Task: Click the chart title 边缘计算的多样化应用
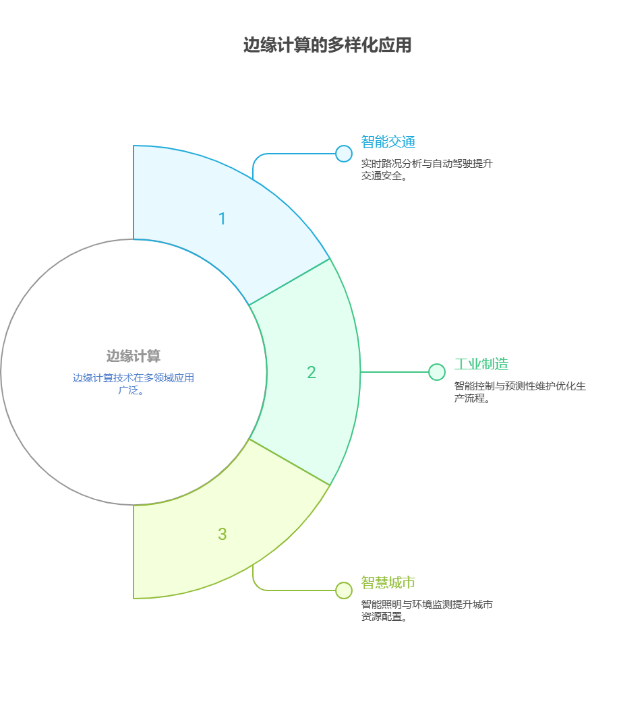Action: [x=327, y=46]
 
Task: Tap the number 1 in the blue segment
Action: [x=222, y=219]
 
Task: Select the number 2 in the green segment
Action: [x=311, y=372]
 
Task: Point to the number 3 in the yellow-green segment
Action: [x=222, y=535]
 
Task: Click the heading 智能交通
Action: [x=388, y=142]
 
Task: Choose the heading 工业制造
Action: [x=481, y=365]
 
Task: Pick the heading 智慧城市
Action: [x=388, y=582]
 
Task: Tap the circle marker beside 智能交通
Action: [x=344, y=154]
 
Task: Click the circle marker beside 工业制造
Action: [x=437, y=372]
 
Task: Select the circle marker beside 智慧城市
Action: [x=344, y=590]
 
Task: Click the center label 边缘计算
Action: [x=134, y=356]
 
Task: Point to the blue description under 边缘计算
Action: [x=134, y=384]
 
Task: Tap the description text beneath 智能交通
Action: [x=428, y=170]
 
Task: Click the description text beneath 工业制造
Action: [x=519, y=392]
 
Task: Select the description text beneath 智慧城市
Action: [x=426, y=611]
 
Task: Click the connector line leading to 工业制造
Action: [x=394, y=372]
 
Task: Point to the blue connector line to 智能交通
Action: [x=290, y=154]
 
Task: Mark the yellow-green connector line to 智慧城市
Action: [x=290, y=590]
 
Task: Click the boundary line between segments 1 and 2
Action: [x=290, y=282]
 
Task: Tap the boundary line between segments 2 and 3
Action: [x=290, y=462]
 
